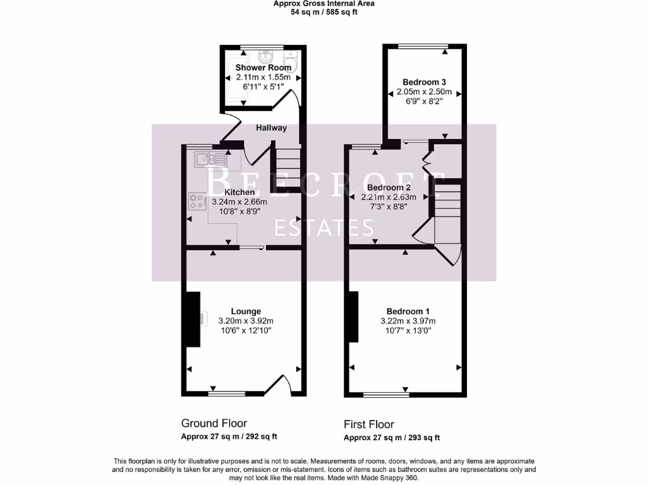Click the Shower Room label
263,68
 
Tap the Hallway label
271,128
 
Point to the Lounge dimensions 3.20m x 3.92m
246,321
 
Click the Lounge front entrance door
278,385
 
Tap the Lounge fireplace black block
192,318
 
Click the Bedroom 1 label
408,311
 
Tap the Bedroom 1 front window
385,395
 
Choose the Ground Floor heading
214,423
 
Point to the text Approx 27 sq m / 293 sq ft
392,438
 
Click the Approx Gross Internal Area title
323,3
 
